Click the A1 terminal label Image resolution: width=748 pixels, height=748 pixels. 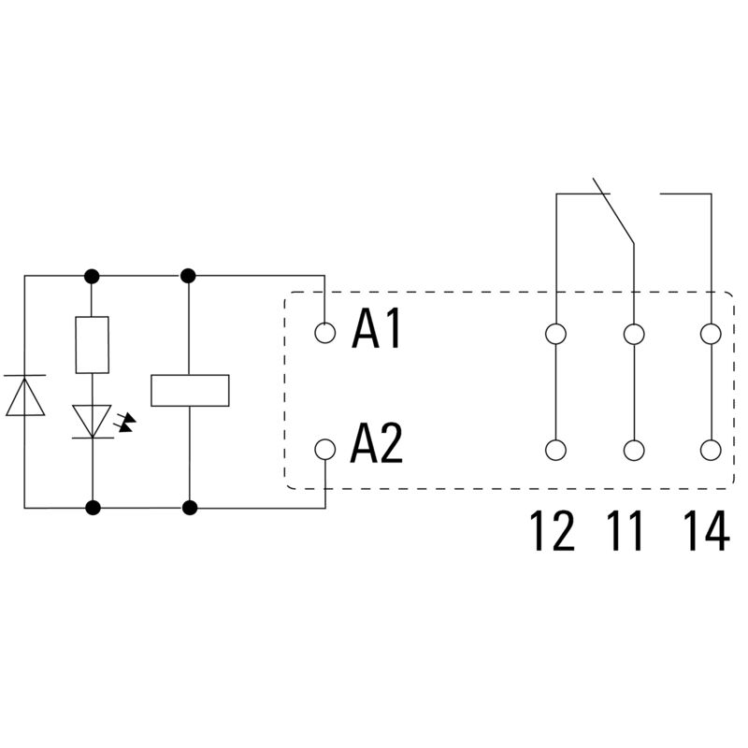pyautogui.click(x=377, y=330)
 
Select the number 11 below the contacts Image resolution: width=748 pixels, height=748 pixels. pyautogui.click(x=626, y=531)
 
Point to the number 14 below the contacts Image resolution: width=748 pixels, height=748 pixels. pyautogui.click(x=704, y=531)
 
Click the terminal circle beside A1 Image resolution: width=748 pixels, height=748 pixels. pyautogui.click(x=324, y=332)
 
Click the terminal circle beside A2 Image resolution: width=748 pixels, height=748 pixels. pyautogui.click(x=324, y=449)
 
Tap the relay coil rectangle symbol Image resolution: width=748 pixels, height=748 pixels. pyautogui.click(x=190, y=390)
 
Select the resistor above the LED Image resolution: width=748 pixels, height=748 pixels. pyautogui.click(x=93, y=344)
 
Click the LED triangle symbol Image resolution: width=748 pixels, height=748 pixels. pyautogui.click(x=93, y=420)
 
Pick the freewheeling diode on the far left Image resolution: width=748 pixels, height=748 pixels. pyautogui.click(x=24, y=395)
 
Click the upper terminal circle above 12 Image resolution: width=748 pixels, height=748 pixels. pyautogui.click(x=556, y=333)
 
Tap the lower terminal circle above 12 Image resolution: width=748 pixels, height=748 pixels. pyautogui.click(x=556, y=450)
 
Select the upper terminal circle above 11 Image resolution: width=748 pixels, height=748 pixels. pyautogui.click(x=634, y=333)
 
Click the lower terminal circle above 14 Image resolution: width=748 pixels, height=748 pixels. pyautogui.click(x=711, y=450)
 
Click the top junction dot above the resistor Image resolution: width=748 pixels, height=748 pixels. pyautogui.click(x=93, y=276)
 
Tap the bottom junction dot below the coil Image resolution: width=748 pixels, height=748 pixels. pyautogui.click(x=190, y=508)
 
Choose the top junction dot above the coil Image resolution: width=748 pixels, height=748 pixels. pyautogui.click(x=189, y=276)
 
